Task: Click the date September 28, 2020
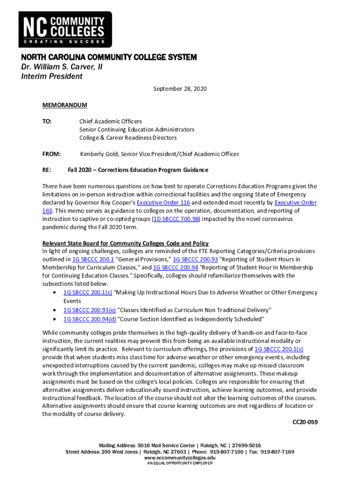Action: pyautogui.click(x=180, y=89)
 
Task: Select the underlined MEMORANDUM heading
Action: pyautogui.click(x=65, y=105)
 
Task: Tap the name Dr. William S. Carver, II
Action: pyautogui.click(x=61, y=67)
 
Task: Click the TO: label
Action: pyautogui.click(x=47, y=121)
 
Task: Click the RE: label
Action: pyautogui.click(x=47, y=170)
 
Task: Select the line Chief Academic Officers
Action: pyautogui.click(x=110, y=121)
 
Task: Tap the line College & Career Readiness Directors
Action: pyautogui.click(x=128, y=138)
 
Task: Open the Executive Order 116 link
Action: pyautogui.click(x=163, y=203)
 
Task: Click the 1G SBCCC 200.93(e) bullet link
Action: pyautogui.click(x=90, y=310)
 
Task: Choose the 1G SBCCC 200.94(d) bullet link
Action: pyautogui.click(x=90, y=319)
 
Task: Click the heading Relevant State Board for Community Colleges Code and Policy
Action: pyautogui.click(x=125, y=243)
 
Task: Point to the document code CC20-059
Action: pyautogui.click(x=305, y=422)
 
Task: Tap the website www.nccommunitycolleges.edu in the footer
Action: pyautogui.click(x=180, y=457)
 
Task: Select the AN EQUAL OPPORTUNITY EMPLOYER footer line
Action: pyautogui.click(x=180, y=463)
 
